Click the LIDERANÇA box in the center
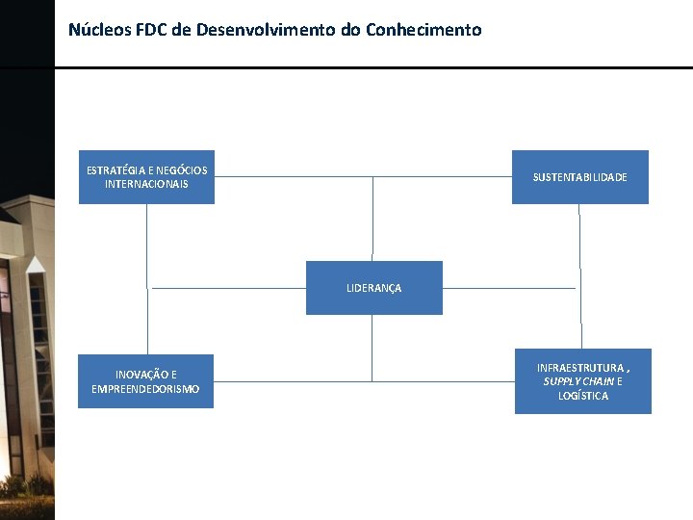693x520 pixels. (373, 287)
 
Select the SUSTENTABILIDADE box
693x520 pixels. (579, 177)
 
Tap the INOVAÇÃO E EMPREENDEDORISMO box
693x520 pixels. (145, 381)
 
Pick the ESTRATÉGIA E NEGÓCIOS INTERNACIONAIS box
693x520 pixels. (146, 177)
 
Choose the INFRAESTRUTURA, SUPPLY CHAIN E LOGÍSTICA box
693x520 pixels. (582, 381)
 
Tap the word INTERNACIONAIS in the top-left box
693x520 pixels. (146, 184)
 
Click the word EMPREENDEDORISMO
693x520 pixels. (145, 389)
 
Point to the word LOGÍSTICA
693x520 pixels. (582, 396)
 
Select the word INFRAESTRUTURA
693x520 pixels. (579, 368)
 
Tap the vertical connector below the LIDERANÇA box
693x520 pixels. (372, 348)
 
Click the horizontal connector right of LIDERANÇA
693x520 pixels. (508, 288)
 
